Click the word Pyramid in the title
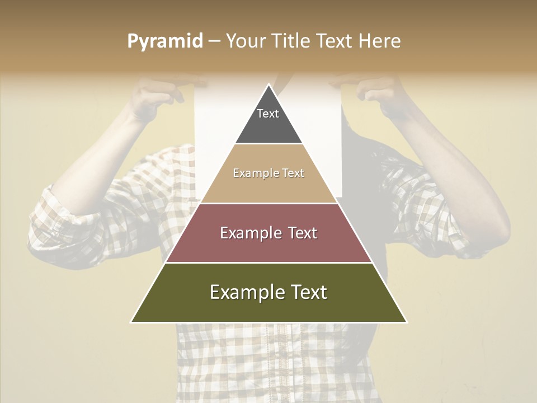point(164,41)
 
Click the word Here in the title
point(379,41)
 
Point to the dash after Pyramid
point(214,41)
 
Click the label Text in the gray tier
point(268,114)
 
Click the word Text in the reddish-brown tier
point(299,233)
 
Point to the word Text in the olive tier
point(308,292)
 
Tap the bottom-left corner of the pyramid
point(132,322)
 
